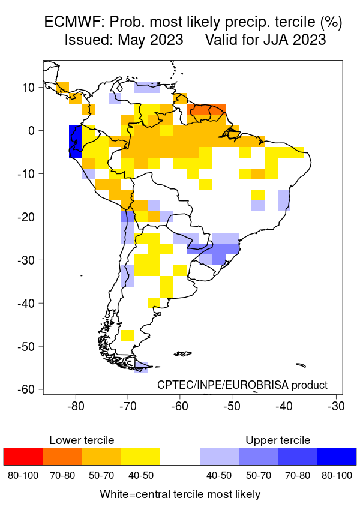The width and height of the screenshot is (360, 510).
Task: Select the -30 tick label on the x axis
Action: point(335,406)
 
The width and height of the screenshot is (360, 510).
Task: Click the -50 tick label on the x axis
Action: point(231,406)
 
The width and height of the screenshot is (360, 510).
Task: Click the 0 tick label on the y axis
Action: point(34,130)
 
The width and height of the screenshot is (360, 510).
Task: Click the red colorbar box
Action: point(23,457)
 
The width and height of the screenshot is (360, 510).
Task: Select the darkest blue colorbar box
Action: point(337,457)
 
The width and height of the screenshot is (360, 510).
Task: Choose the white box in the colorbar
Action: point(180,457)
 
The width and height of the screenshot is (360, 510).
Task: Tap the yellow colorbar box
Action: point(140,457)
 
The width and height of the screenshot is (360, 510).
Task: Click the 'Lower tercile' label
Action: point(82,440)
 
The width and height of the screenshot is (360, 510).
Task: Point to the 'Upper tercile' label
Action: point(278,440)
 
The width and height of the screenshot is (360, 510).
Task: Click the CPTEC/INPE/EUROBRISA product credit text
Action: point(242,385)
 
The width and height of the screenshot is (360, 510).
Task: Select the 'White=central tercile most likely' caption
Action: point(180,494)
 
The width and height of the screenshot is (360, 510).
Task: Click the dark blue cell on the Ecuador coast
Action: point(75,142)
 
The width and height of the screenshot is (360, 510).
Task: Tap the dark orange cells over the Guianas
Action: point(207,109)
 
